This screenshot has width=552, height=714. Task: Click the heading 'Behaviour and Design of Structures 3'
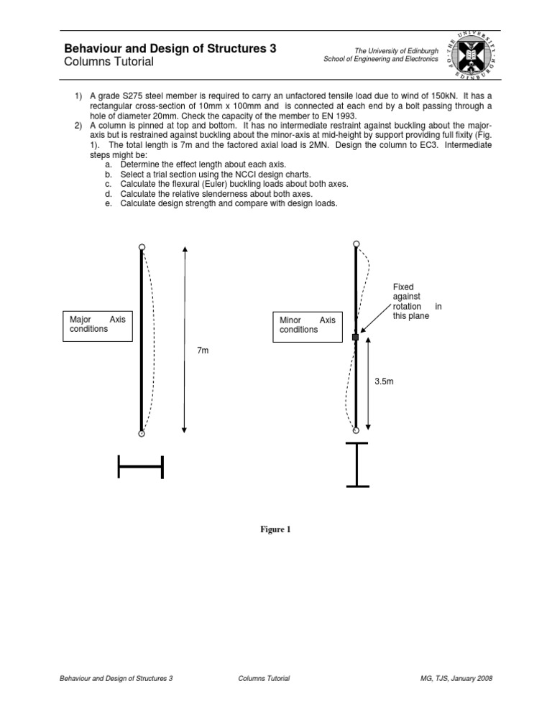point(170,49)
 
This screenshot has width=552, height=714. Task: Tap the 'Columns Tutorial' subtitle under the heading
point(109,62)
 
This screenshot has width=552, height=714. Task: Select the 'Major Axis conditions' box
point(97,324)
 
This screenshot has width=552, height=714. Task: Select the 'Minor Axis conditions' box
point(307,325)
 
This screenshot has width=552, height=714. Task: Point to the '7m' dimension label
point(203,350)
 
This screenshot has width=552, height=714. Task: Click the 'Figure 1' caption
point(275,530)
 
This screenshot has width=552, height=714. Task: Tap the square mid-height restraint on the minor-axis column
point(355,336)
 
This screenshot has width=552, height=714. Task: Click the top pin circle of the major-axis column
point(142,247)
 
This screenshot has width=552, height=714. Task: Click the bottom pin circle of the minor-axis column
point(356,430)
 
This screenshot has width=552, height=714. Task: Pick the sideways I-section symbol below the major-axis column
point(141,467)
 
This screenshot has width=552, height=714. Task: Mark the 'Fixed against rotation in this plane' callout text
point(413,301)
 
